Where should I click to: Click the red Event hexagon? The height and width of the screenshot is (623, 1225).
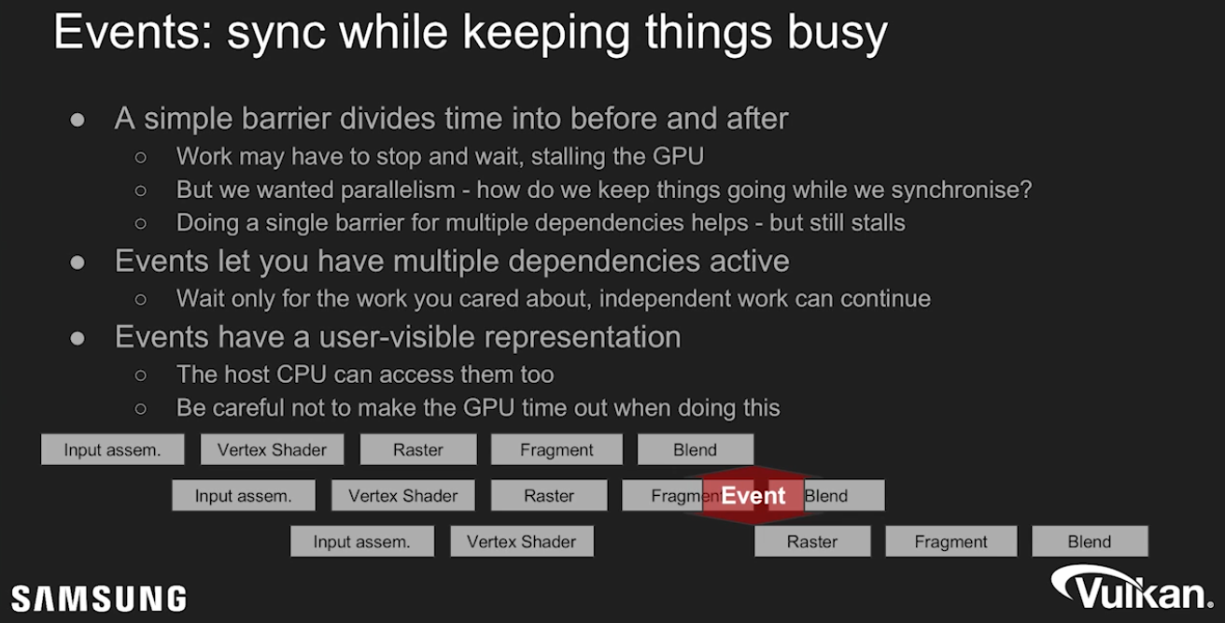click(753, 496)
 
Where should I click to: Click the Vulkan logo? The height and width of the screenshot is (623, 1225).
click(1132, 588)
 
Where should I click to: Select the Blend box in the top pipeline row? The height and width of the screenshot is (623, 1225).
click(695, 449)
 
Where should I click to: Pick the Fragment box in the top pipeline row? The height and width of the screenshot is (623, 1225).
click(556, 449)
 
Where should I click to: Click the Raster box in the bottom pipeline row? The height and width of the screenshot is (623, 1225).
click(812, 542)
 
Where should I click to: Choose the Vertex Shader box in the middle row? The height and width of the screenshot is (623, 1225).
click(403, 496)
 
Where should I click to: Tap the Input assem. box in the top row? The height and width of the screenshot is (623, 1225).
click(113, 449)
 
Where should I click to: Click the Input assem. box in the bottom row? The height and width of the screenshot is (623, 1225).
click(362, 542)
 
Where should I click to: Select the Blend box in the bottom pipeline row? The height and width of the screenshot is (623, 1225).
click(1090, 542)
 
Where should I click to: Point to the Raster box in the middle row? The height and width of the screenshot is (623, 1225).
click(549, 496)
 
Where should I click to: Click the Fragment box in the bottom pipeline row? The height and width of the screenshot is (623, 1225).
click(951, 542)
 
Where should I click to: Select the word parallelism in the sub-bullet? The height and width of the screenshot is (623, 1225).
click(398, 190)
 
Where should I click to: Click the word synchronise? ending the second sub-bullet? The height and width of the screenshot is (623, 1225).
click(962, 190)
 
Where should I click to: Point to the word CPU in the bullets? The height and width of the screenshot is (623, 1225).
click(302, 375)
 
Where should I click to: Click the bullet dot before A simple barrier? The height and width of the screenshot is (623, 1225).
click(77, 120)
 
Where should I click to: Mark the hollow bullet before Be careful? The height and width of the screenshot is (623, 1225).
click(141, 408)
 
